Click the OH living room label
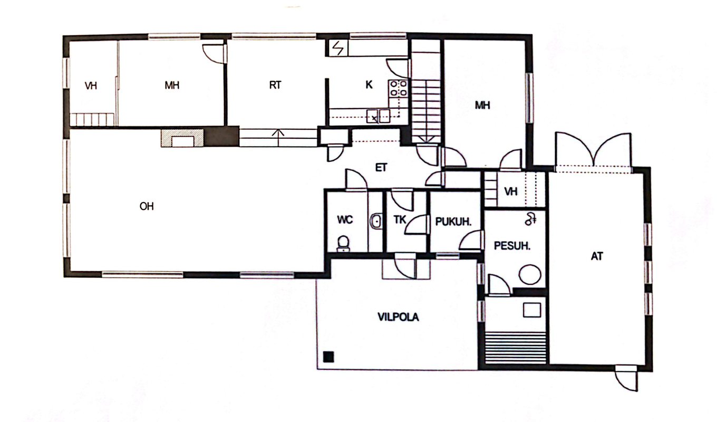tap(147, 206)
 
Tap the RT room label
tap(275, 85)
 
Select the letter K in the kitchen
tap(369, 84)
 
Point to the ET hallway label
tap(381, 167)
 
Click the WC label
tap(345, 219)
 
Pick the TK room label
tap(400, 219)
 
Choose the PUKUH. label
tap(453, 222)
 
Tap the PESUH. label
tap(512, 246)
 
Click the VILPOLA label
tap(398, 317)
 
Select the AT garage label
tap(597, 256)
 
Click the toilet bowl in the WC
tap(343, 243)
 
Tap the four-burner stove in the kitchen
tap(398, 89)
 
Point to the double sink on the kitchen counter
tap(379, 116)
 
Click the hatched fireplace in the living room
tap(182, 138)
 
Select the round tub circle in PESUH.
tap(530, 274)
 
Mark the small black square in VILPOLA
tap(328, 357)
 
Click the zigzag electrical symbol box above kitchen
tap(338, 49)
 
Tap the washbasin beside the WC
tap(376, 221)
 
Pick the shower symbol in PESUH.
tap(530, 219)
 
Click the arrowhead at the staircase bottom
tap(427, 139)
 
